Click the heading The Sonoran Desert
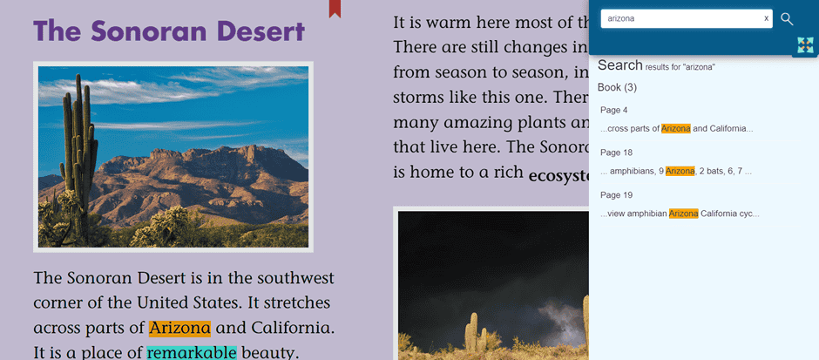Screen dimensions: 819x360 169,31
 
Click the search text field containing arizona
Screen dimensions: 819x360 681,18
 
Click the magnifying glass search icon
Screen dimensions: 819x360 787,19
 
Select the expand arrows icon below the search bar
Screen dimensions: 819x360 806,45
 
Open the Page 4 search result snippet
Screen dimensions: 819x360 677,128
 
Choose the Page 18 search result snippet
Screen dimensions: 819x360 676,171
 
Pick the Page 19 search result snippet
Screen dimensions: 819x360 680,214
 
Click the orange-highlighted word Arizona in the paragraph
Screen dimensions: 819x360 179,328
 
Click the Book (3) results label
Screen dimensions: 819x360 617,87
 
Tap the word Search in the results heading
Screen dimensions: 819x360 620,65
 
